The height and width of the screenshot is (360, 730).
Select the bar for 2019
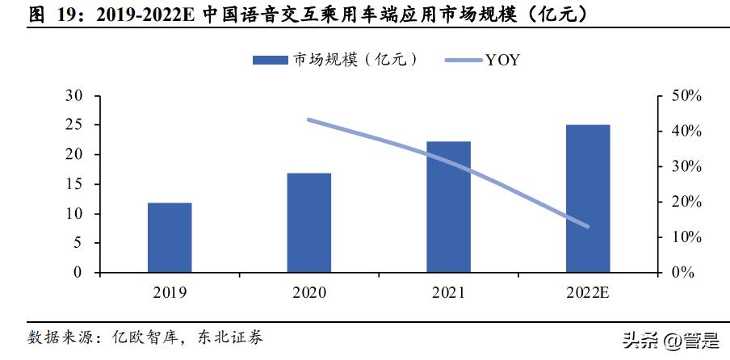pyautogui.click(x=170, y=237)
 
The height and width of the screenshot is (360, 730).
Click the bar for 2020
pyautogui.click(x=308, y=223)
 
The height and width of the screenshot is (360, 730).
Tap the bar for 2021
pyautogui.click(x=448, y=207)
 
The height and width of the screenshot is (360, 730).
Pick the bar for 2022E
pyautogui.click(x=588, y=199)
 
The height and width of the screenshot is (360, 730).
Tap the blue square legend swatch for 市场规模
pyautogui.click(x=270, y=61)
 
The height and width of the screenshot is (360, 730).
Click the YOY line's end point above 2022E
pyautogui.click(x=587, y=227)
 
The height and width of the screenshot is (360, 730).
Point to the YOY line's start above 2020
pyautogui.click(x=309, y=119)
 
